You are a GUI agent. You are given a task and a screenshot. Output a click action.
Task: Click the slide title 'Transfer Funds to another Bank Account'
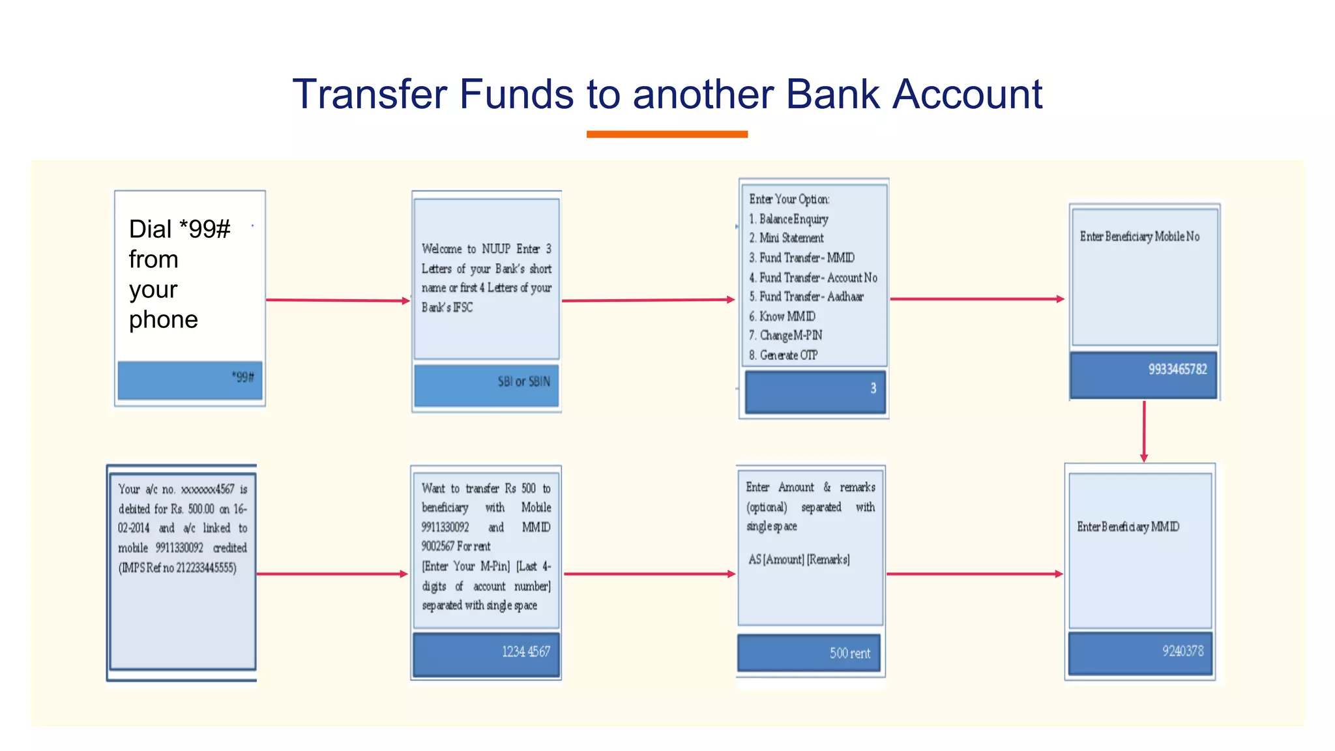tap(667, 94)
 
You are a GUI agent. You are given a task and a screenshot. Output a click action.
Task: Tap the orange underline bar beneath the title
tap(667, 134)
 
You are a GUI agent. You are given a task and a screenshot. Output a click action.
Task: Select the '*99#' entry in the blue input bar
tap(242, 377)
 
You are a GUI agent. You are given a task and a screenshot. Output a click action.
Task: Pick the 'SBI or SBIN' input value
tap(523, 381)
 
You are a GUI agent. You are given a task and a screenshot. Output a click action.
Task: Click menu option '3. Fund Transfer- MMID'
tap(801, 258)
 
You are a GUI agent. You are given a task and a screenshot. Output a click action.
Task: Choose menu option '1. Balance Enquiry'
tap(788, 219)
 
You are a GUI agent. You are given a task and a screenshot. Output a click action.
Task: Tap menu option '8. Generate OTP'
tap(783, 355)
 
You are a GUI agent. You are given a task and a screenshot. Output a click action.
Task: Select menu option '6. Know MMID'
tap(782, 317)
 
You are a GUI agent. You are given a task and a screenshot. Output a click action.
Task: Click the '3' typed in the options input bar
tap(873, 389)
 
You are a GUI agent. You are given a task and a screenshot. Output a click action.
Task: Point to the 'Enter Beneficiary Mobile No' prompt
tap(1139, 237)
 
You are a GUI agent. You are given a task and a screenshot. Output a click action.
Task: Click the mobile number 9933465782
tap(1177, 370)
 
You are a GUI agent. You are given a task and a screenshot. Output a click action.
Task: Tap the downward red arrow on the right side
tap(1144, 431)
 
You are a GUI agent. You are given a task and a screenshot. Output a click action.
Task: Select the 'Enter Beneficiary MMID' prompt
tap(1128, 527)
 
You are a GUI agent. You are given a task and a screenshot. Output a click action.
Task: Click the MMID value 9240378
tap(1182, 651)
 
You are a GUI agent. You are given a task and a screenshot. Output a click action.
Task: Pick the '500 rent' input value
tap(849, 653)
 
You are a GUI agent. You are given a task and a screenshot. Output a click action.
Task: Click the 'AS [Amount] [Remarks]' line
tap(799, 559)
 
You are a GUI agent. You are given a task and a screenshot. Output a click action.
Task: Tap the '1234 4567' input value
tap(525, 651)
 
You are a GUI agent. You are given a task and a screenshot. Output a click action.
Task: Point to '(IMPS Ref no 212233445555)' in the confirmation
tap(177, 568)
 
